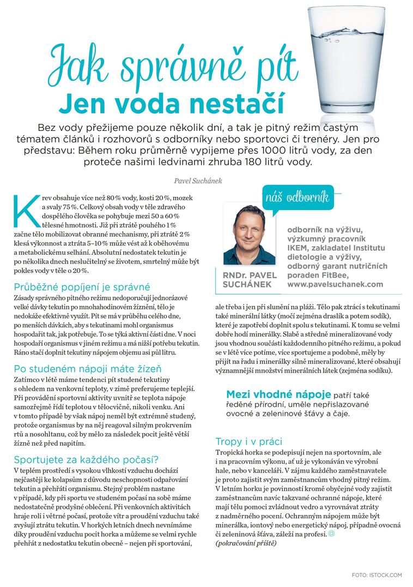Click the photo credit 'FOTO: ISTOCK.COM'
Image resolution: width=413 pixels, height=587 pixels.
[x=376, y=574]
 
